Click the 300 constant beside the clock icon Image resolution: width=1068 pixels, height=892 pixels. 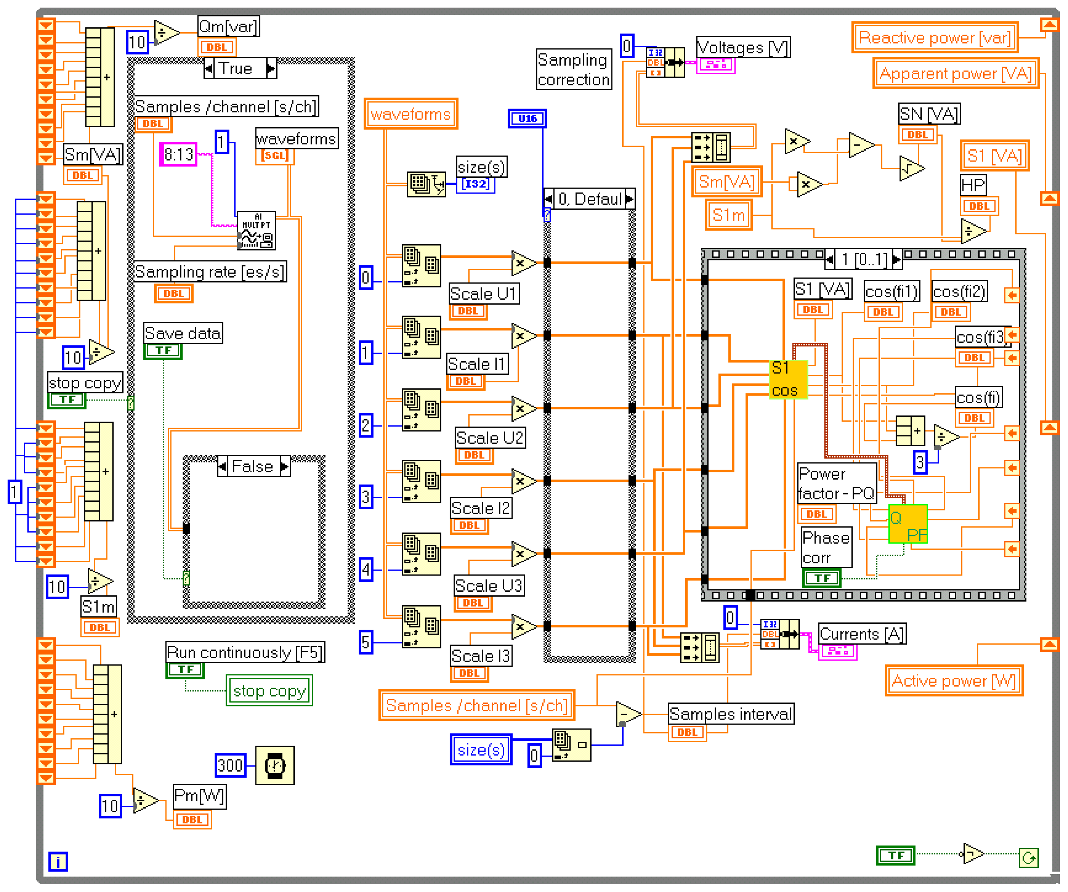(230, 765)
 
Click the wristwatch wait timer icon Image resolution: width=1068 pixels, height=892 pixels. (275, 765)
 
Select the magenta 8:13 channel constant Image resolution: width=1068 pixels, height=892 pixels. (179, 154)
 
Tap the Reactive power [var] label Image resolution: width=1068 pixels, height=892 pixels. (935, 38)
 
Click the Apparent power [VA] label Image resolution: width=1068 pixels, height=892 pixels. (956, 74)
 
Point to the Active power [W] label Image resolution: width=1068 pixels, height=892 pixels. (954, 680)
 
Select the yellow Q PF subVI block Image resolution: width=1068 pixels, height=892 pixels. (908, 524)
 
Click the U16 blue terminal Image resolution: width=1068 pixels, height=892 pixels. (527, 118)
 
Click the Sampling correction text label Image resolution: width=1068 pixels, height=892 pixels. (573, 70)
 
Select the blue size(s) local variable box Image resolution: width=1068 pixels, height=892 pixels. (481, 750)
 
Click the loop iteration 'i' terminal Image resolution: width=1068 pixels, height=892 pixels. (58, 862)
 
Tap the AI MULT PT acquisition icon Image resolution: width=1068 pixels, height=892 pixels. (256, 231)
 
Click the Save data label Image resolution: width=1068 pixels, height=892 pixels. (183, 333)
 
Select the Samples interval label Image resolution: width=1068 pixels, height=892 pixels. (730, 714)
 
